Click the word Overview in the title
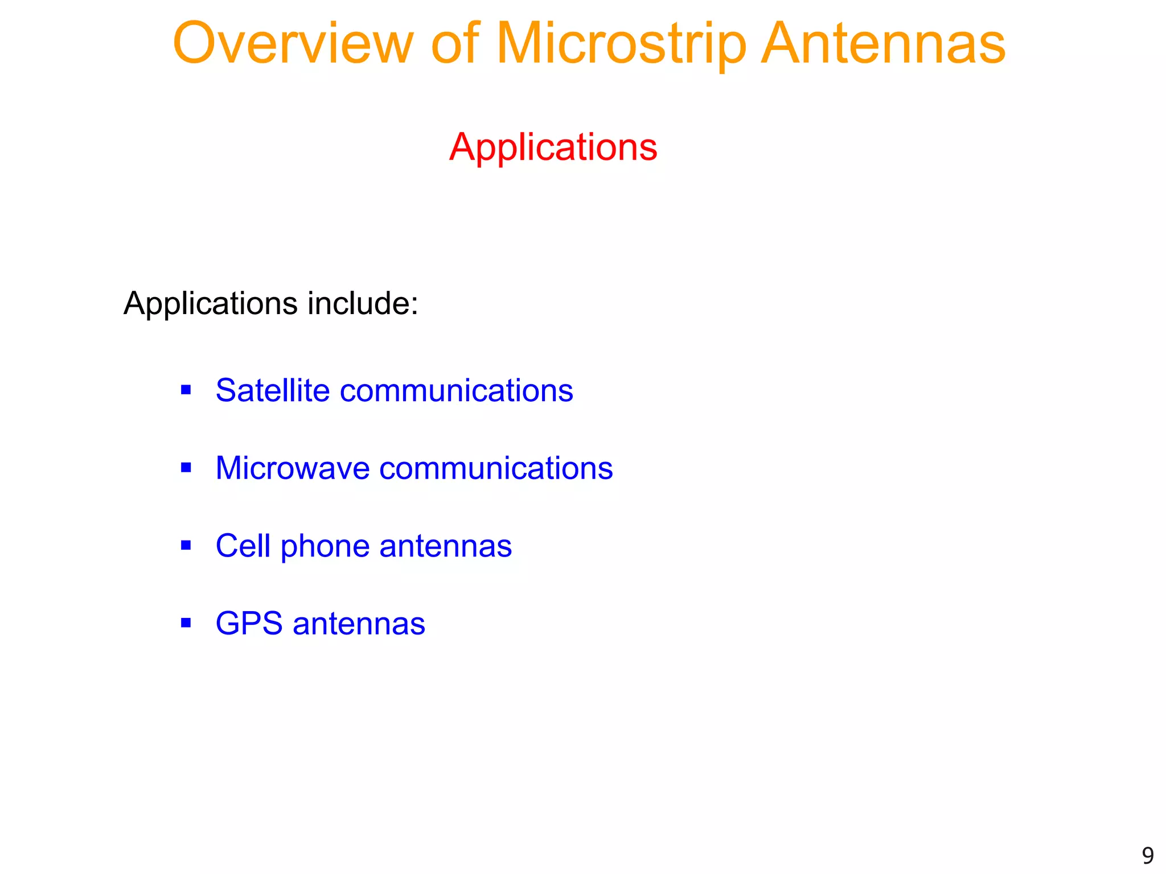pos(293,44)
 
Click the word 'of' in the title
pos(455,44)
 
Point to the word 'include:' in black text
pos(363,303)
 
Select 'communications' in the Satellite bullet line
pos(456,391)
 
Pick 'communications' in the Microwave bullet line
pos(496,468)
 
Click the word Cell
pos(243,546)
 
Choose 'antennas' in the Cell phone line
pos(445,546)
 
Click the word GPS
pos(249,624)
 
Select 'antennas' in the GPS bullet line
pos(359,624)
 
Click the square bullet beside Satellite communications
pos(186,390)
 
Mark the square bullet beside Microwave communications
pos(186,468)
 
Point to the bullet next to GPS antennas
pos(186,623)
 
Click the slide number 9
pos(1147,856)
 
